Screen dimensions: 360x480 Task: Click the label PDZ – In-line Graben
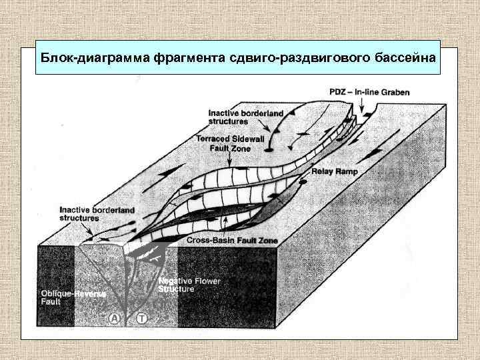click(370, 91)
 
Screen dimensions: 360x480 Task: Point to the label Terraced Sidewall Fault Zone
click(225, 143)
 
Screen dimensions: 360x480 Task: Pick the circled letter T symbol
click(141, 319)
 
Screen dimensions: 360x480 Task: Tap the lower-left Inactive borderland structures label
click(97, 213)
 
